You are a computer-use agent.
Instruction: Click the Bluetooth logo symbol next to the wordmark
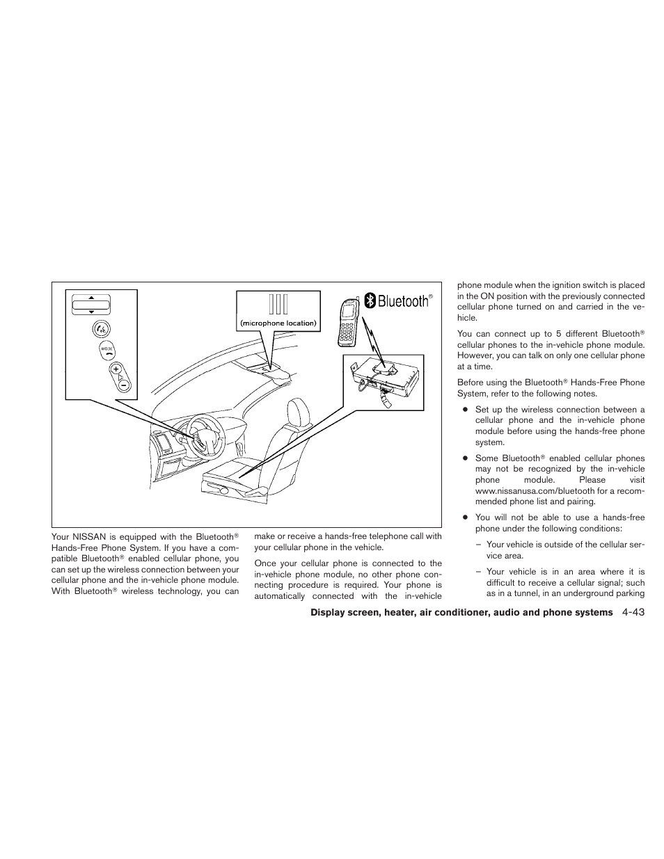tap(372, 300)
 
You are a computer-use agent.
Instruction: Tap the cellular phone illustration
tap(349, 322)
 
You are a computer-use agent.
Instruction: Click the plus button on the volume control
tap(116, 369)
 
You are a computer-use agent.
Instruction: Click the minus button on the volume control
tap(122, 383)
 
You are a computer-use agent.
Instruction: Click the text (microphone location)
tap(278, 323)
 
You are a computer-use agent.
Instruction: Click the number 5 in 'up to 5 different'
tap(558, 334)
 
